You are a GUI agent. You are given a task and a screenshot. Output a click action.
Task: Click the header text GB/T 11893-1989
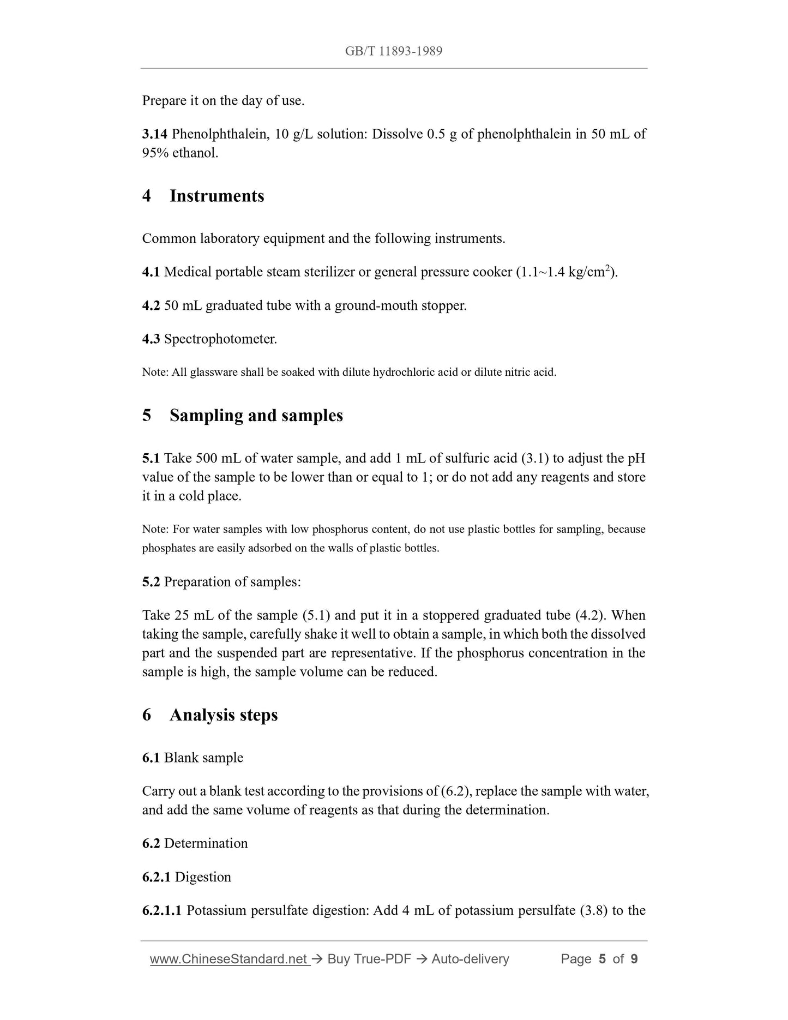pos(393,51)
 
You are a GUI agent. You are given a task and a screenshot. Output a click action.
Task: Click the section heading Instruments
pos(216,196)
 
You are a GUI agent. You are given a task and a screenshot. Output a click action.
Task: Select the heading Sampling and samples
pos(256,416)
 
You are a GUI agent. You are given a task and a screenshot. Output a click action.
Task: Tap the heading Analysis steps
pos(223,715)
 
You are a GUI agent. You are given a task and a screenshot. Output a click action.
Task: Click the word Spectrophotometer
pos(220,339)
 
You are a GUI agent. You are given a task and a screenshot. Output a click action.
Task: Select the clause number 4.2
pos(151,306)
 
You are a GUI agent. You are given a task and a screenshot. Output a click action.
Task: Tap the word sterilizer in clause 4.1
pos(327,272)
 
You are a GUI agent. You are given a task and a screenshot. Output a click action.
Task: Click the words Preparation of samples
pos(232,582)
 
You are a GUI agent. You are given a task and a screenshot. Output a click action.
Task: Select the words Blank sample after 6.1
pos(203,758)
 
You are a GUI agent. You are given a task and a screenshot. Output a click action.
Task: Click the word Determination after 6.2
pos(206,844)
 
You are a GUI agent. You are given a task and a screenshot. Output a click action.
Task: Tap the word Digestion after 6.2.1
pos(203,877)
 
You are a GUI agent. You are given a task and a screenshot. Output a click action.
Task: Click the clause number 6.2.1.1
pos(162,910)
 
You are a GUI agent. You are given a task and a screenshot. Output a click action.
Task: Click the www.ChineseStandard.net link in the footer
pos(229,959)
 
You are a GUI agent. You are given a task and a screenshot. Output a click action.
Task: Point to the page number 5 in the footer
pos(602,959)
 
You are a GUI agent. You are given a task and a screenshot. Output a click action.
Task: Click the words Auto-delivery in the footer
pos(470,959)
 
